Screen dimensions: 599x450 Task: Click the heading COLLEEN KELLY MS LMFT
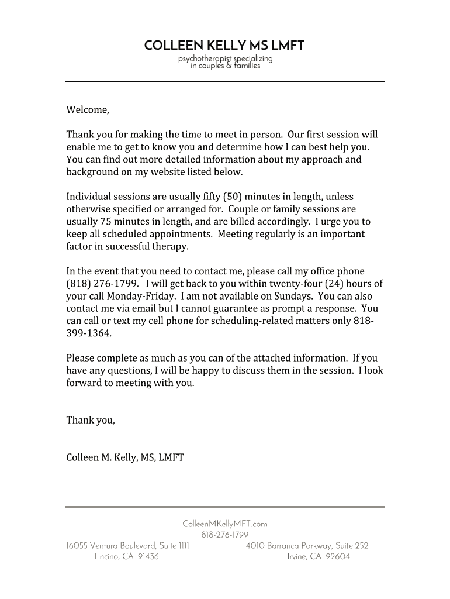224,45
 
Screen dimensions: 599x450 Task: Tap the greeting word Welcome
87,109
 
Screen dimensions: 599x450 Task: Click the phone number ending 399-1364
88,333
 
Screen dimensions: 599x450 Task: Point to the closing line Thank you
90,420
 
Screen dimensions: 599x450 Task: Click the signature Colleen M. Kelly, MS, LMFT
125,457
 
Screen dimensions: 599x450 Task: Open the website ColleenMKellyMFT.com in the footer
224,525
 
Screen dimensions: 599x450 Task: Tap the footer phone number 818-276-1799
224,535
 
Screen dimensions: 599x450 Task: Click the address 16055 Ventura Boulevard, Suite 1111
127,546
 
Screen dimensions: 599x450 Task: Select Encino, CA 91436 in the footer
126,557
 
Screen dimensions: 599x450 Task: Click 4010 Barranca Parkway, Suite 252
307,546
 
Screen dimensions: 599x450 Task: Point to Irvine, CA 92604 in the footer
319,557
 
